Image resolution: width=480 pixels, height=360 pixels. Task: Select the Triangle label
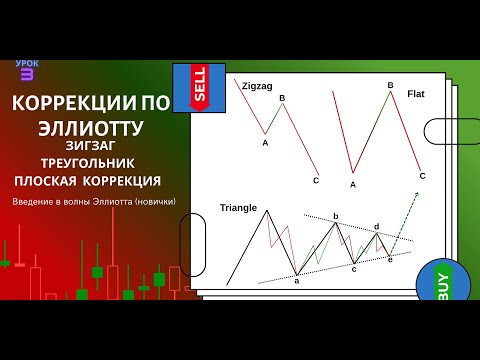pyautogui.click(x=238, y=208)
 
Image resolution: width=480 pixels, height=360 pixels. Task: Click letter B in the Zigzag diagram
pyautogui.click(x=282, y=98)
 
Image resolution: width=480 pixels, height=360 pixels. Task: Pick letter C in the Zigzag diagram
pyautogui.click(x=316, y=180)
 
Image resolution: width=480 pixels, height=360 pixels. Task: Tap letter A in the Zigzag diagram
pyautogui.click(x=265, y=143)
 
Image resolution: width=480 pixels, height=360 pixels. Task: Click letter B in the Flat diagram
pyautogui.click(x=390, y=85)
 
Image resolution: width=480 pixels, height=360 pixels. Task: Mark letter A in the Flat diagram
pyautogui.click(x=353, y=183)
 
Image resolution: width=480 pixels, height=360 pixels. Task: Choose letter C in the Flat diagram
pyautogui.click(x=422, y=176)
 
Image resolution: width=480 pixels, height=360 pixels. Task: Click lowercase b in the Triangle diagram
pyautogui.click(x=336, y=215)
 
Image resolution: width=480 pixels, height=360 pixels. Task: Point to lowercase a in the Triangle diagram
pyautogui.click(x=297, y=281)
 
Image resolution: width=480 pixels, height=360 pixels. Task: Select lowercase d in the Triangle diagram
pyautogui.click(x=376, y=228)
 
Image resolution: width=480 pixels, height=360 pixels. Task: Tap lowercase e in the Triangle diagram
pyautogui.click(x=390, y=259)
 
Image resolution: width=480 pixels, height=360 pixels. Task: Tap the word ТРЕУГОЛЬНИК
pyautogui.click(x=89, y=162)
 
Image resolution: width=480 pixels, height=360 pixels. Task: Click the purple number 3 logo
pyautogui.click(x=26, y=74)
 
